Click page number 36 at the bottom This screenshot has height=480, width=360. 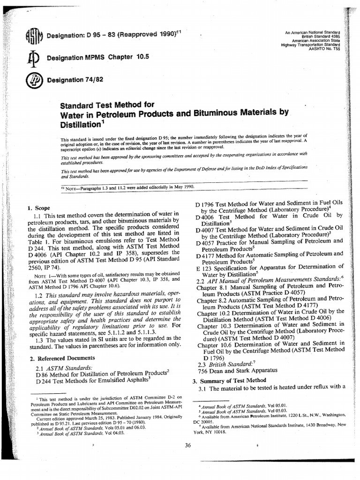(188, 445)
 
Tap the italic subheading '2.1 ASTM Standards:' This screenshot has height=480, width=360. (64, 367)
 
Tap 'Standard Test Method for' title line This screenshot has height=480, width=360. (107, 104)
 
